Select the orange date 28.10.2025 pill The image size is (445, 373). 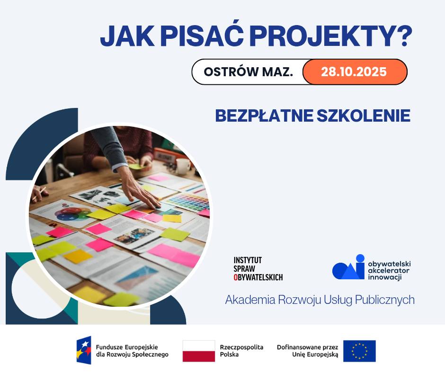pos(354,72)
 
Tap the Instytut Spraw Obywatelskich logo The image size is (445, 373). pos(258,269)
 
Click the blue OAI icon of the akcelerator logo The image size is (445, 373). pos(349,268)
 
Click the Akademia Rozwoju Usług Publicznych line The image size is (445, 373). pos(320,300)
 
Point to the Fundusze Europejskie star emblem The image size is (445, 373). pos(84,350)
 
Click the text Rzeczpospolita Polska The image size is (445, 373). pos(241,351)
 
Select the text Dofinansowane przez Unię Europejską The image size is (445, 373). pos(308,351)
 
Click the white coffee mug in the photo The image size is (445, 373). pos(183,165)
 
